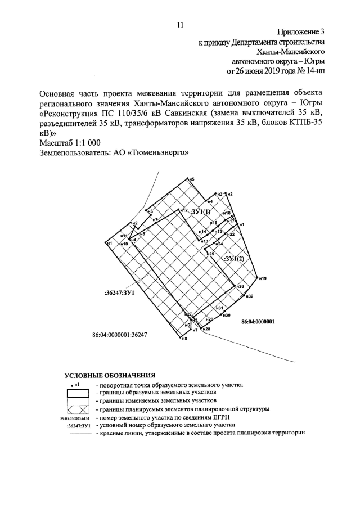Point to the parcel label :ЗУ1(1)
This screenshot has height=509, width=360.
[x=200, y=212]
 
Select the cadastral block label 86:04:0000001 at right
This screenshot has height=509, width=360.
[x=257, y=322]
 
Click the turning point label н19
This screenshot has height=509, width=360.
[x=263, y=279]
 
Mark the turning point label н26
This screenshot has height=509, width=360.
[x=240, y=287]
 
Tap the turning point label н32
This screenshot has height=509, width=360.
[x=250, y=296]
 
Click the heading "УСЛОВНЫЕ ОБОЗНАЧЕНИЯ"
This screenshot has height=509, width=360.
[x=110, y=375]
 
